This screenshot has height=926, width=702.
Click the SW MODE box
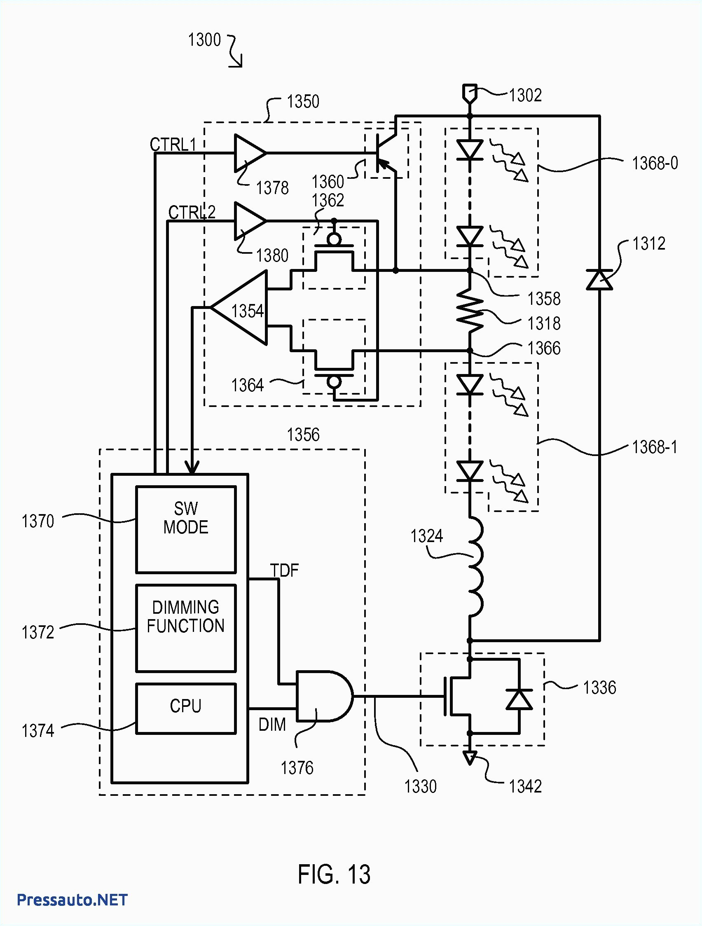click(x=186, y=530)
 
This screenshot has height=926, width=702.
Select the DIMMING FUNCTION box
click(x=186, y=628)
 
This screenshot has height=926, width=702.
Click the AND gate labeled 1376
click(x=322, y=696)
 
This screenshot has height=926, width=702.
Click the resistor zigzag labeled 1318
click(x=470, y=311)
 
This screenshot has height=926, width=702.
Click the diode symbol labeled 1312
click(x=599, y=280)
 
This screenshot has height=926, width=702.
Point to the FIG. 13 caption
click(x=334, y=874)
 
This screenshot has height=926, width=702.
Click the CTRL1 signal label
click(x=173, y=145)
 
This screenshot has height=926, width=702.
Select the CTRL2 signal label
click(x=192, y=212)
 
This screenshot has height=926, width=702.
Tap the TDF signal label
click(x=284, y=571)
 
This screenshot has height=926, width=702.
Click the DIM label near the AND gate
click(x=272, y=724)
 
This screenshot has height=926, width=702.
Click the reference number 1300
click(x=204, y=40)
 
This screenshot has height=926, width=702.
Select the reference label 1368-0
click(x=655, y=163)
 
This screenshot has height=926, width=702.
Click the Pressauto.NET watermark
click(x=72, y=899)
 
